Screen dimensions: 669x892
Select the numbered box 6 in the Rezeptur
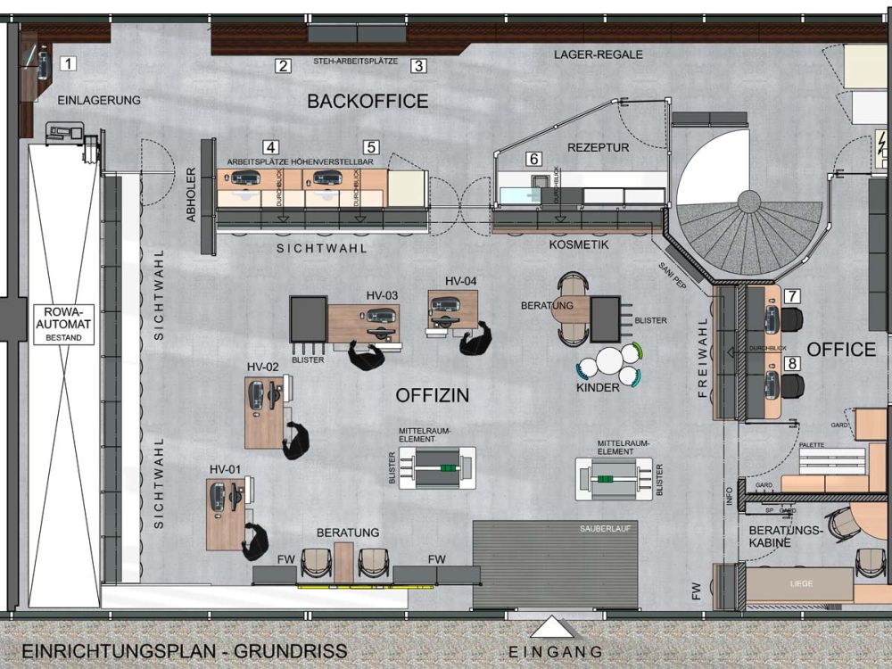(533, 159)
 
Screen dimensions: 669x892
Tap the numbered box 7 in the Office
(792, 296)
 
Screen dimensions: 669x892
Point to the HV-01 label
(226, 469)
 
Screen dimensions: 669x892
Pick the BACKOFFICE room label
(368, 101)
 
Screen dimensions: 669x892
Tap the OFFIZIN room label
(432, 394)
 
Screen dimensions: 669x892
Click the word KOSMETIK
(578, 244)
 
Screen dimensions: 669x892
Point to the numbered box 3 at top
(418, 65)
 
